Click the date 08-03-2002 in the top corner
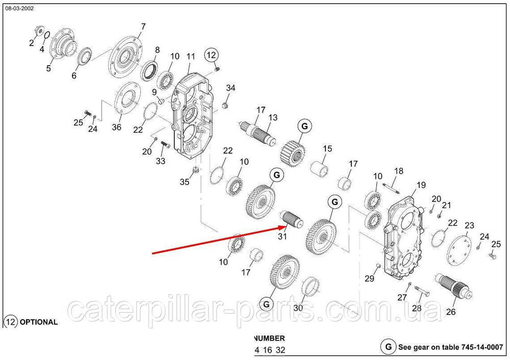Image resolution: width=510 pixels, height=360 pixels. (x=19, y=9)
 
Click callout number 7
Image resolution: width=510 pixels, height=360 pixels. (x=143, y=27)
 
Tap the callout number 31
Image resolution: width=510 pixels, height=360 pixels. (x=282, y=237)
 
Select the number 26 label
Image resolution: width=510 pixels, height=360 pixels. (x=450, y=312)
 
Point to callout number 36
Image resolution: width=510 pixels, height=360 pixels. (x=116, y=127)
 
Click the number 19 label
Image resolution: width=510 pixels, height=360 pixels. (x=421, y=185)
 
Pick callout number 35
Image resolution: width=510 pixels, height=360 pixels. (x=185, y=182)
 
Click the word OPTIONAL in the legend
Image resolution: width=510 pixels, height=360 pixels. (x=39, y=322)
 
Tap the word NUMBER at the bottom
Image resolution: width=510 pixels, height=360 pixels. (x=269, y=338)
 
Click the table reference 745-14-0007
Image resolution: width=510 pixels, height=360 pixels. (x=482, y=347)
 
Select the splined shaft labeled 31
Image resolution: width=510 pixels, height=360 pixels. (x=291, y=218)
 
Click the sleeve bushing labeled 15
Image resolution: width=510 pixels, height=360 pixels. (x=320, y=168)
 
